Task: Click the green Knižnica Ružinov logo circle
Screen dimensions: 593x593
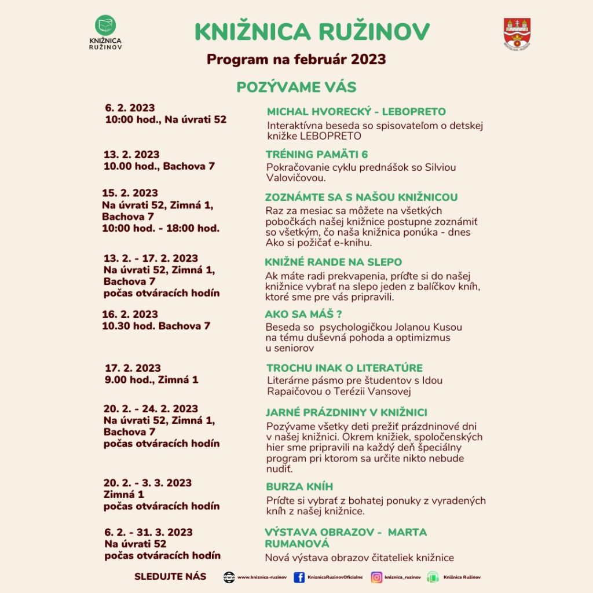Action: (x=105, y=25)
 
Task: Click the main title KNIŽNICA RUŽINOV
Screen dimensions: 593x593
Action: (x=312, y=32)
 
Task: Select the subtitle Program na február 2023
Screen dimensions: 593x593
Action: (x=296, y=60)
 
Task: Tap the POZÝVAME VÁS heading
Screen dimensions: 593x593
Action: (x=296, y=87)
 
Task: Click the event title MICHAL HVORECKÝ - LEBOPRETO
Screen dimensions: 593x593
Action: (x=356, y=112)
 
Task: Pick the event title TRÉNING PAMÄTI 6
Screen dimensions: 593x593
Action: (x=317, y=155)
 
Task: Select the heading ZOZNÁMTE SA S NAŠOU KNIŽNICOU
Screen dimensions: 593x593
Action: (x=361, y=197)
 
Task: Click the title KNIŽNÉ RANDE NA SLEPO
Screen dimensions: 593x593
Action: (x=333, y=262)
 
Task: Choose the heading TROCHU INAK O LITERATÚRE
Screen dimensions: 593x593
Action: (x=345, y=368)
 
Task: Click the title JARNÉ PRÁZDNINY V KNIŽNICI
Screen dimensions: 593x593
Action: (x=346, y=413)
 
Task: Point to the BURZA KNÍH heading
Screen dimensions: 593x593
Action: (x=299, y=486)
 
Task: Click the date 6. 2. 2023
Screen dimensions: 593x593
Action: (x=130, y=108)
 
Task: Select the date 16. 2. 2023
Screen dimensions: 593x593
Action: (x=130, y=314)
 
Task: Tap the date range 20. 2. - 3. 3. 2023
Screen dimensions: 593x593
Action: (x=148, y=483)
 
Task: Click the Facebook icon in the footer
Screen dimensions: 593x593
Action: (x=299, y=577)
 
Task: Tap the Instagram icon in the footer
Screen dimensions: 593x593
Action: (x=376, y=577)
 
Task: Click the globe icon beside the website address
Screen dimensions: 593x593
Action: (x=229, y=577)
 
